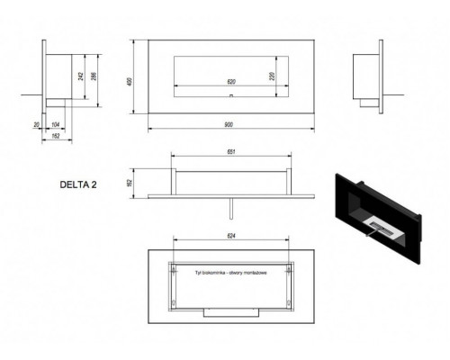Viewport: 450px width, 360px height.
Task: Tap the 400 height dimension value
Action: [x=131, y=82]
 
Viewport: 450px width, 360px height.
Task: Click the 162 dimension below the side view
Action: [x=56, y=134]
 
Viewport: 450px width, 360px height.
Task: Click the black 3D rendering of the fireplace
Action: [x=378, y=211]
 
